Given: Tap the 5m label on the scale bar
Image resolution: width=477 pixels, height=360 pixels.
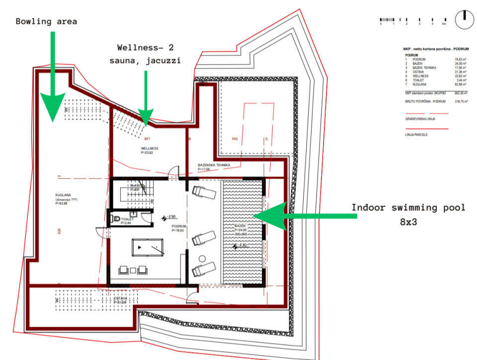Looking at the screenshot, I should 445,24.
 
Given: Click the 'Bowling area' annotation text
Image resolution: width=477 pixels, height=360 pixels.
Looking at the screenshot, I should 46,21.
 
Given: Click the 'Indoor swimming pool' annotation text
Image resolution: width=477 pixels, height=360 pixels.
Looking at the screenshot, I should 408,207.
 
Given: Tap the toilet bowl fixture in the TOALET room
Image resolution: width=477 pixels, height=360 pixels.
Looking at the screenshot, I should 116,219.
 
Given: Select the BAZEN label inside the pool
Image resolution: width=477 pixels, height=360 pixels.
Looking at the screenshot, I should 241,226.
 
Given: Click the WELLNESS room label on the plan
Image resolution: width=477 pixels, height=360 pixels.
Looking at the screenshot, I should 149,148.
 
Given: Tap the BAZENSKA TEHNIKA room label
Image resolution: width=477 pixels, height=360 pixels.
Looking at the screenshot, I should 214,165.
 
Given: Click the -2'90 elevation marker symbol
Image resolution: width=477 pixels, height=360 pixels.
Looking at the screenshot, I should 164,217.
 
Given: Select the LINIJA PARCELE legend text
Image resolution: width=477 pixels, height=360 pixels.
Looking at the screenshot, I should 416,135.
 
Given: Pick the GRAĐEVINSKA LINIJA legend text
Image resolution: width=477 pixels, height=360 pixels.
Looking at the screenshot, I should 420,119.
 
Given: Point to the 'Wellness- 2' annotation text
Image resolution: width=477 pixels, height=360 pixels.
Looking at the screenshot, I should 145,48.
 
